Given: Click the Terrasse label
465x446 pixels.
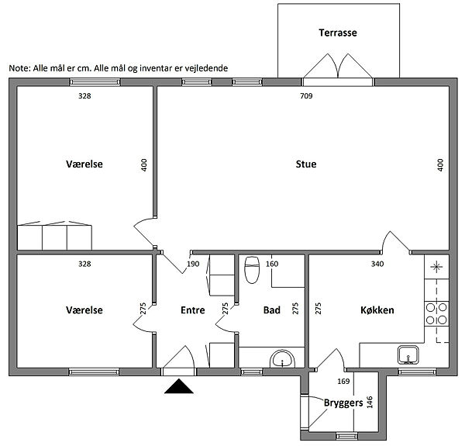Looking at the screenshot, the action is tap(338, 33).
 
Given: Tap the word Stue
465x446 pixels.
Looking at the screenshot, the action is tap(306, 164).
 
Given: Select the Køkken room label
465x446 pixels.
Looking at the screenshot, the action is tap(377, 310).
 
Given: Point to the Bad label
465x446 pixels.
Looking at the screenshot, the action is tap(272, 310).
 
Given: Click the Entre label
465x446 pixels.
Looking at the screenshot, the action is tap(193, 310).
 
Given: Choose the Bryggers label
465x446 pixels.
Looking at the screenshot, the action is tap(343, 403).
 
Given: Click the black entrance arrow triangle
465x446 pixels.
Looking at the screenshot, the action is tap(179, 386).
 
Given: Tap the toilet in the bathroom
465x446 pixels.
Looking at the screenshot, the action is tap(252, 270).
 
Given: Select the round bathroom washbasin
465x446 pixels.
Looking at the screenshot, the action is tap(283, 359).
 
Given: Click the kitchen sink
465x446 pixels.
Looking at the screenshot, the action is tap(408, 354).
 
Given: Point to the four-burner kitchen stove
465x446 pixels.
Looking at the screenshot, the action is tap(436, 313).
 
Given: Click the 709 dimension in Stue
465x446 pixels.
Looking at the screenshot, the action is tap(306, 96).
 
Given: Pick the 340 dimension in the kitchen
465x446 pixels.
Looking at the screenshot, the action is tap(377, 264).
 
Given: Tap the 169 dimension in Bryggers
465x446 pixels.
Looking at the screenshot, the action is tap(343, 382).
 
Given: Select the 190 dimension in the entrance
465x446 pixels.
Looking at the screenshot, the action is tap(193, 264).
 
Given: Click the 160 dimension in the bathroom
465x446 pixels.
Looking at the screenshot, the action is tap(272, 264).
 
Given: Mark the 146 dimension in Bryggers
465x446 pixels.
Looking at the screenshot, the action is tap(370, 403).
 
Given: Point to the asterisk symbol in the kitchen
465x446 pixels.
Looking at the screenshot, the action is tap(436, 267).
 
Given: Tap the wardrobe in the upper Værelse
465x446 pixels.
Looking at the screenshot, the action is tap(54, 236).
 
